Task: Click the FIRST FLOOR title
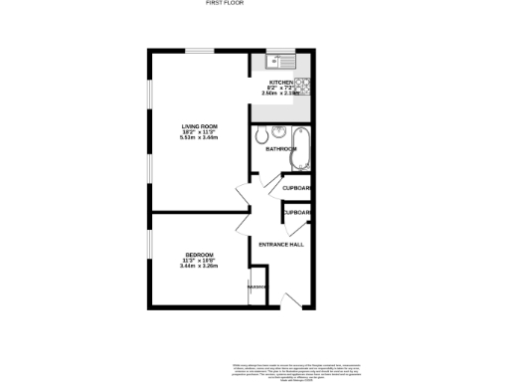click(x=225, y=4)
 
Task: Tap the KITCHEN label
click(x=281, y=82)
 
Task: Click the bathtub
click(x=304, y=149)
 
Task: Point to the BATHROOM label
click(x=280, y=149)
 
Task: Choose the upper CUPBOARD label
click(x=297, y=188)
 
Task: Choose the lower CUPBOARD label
click(x=298, y=212)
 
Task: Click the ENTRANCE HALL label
click(x=280, y=245)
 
